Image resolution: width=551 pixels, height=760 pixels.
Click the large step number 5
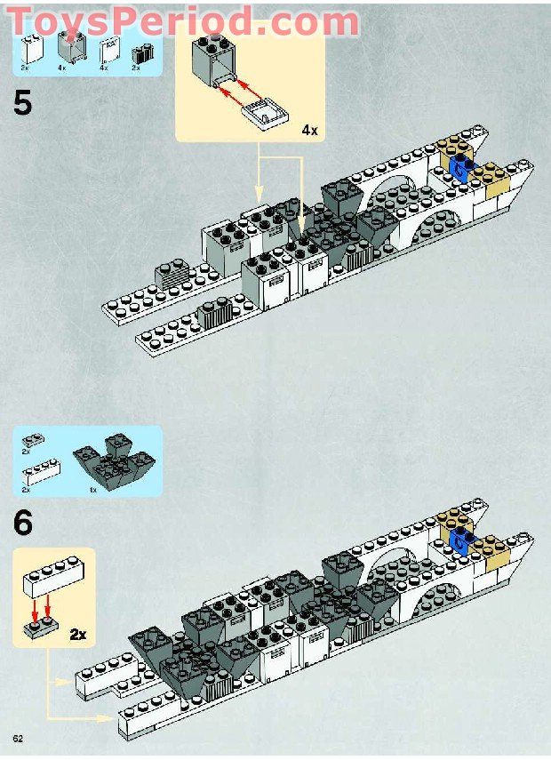pyautogui.click(x=23, y=103)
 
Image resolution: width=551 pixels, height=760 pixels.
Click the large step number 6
pyautogui.click(x=23, y=523)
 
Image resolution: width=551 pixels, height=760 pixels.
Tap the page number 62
pyautogui.click(x=18, y=740)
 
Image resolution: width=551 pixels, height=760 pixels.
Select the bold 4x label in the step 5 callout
pyautogui.click(x=309, y=130)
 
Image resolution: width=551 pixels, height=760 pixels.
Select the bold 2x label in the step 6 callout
pyautogui.click(x=77, y=634)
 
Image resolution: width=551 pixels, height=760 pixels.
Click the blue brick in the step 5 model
pyautogui.click(x=460, y=168)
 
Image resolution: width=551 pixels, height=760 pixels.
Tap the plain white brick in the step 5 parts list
pyautogui.click(x=32, y=48)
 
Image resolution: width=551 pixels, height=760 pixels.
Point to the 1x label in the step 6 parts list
pyautogui.click(x=93, y=490)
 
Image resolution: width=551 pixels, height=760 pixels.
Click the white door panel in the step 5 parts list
pyautogui.click(x=107, y=50)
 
